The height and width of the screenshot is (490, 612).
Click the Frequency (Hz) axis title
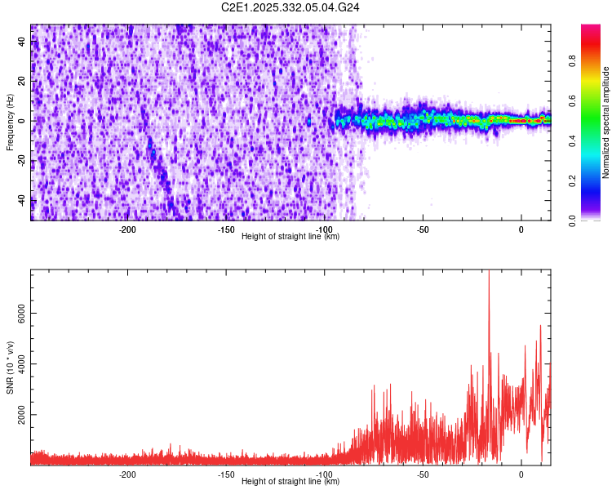(10, 122)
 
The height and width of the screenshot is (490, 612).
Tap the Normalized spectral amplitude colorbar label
(606, 122)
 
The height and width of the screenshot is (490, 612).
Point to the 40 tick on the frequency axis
(22, 42)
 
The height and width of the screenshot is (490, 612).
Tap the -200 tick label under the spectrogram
(127, 229)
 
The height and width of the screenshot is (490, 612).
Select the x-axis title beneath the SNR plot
(290, 482)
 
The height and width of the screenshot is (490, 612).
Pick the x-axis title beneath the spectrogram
(290, 236)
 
